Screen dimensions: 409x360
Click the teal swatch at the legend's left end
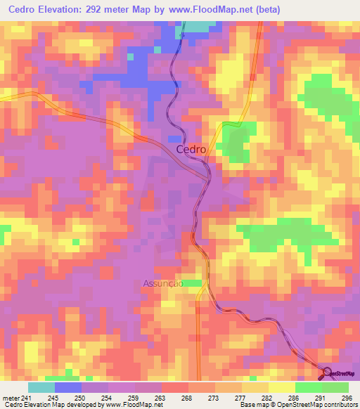(x=41, y=387)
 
